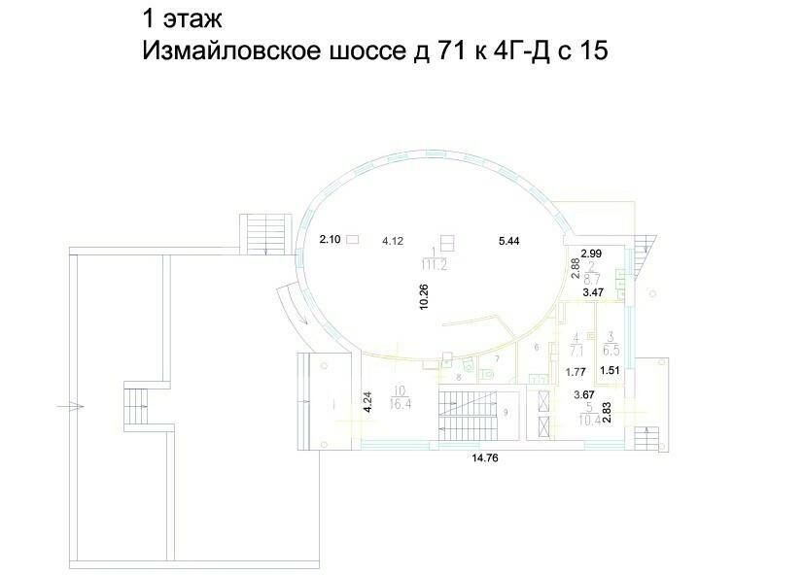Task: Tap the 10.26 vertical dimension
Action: (424, 296)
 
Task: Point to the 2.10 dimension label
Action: (332, 239)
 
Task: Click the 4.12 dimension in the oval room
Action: (393, 240)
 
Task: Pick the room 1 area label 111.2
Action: (446, 264)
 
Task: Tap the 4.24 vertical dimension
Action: (367, 402)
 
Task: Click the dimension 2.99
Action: (591, 254)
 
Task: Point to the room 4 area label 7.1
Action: (576, 351)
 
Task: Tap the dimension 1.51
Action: (610, 370)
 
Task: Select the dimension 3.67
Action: (583, 393)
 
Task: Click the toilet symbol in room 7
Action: (468, 365)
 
